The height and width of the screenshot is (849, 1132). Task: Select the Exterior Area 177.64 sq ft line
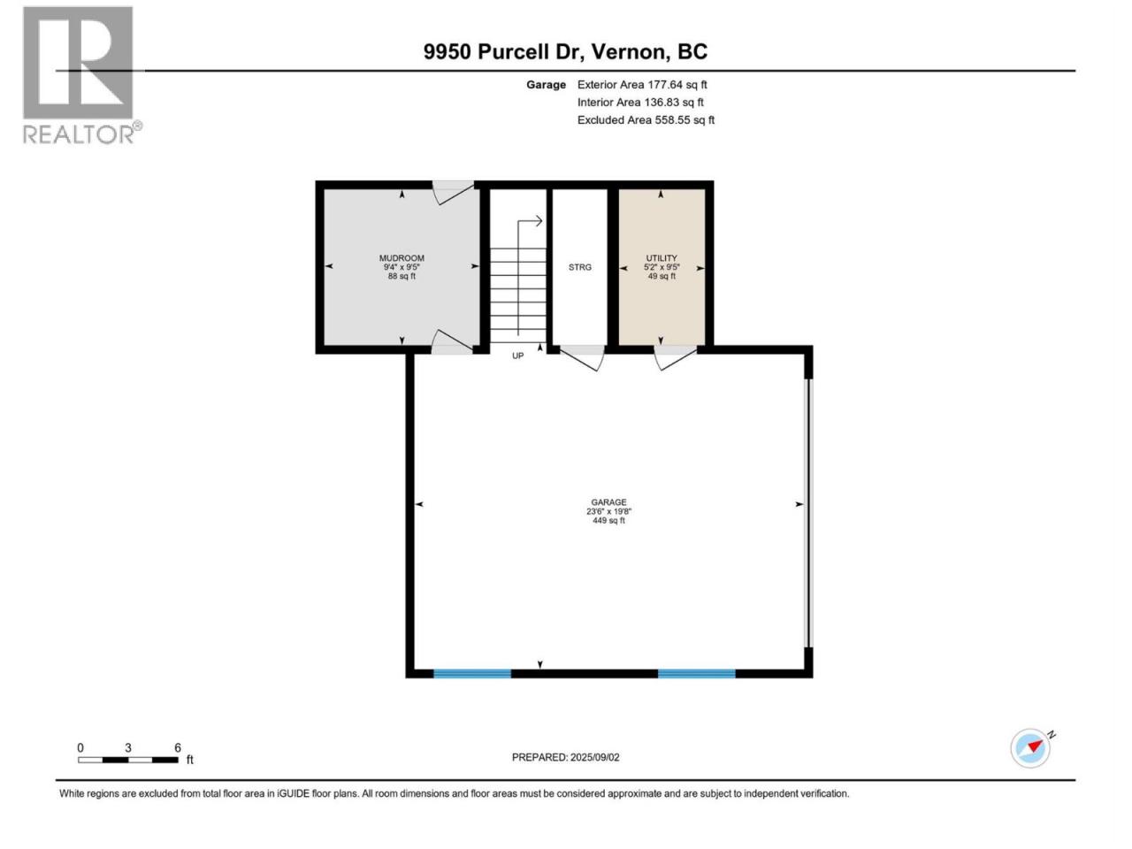point(642,85)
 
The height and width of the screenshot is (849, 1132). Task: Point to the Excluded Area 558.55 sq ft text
point(646,120)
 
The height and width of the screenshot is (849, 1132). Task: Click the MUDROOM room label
point(402,258)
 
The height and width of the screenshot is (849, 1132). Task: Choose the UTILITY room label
point(662,258)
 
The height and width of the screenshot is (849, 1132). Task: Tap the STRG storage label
point(579,268)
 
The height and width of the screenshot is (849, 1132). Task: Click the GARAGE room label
point(608,502)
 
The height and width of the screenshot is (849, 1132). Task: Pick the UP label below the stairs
point(517,356)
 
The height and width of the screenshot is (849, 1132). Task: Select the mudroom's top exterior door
point(452,192)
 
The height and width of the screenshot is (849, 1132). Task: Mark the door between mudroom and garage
point(452,341)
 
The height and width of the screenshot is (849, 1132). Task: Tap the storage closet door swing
point(582,358)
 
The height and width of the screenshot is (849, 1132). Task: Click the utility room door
point(676,357)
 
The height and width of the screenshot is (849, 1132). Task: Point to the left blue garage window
point(472,673)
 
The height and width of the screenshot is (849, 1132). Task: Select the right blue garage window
point(696,673)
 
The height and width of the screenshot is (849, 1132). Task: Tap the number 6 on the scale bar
point(178,747)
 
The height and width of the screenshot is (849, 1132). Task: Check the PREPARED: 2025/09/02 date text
point(566,757)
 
